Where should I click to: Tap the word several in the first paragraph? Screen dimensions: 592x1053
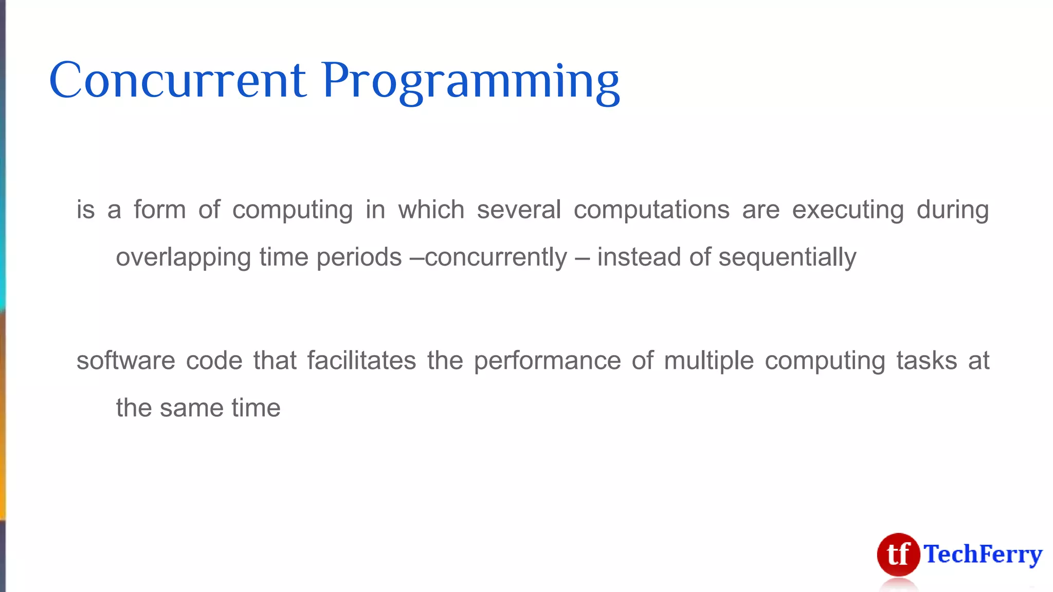pos(518,210)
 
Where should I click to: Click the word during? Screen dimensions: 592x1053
pos(952,210)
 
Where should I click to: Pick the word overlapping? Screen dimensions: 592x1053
pos(183,257)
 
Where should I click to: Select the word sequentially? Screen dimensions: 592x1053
pos(787,257)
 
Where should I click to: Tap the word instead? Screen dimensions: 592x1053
pos(639,256)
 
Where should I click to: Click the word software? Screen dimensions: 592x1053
pos(125,360)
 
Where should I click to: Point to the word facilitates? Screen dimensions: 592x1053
pos(361,360)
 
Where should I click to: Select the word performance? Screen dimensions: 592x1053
pos(547,361)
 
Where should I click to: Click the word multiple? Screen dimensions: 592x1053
pos(709,361)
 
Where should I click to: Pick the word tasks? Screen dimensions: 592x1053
pos(927,360)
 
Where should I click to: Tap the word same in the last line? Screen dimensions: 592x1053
pos(191,408)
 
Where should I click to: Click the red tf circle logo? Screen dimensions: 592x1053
pos(898,554)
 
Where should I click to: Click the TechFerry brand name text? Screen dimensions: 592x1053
pos(983,554)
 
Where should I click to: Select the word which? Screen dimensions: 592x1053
pos(431,210)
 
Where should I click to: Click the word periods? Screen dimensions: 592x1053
pos(358,257)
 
